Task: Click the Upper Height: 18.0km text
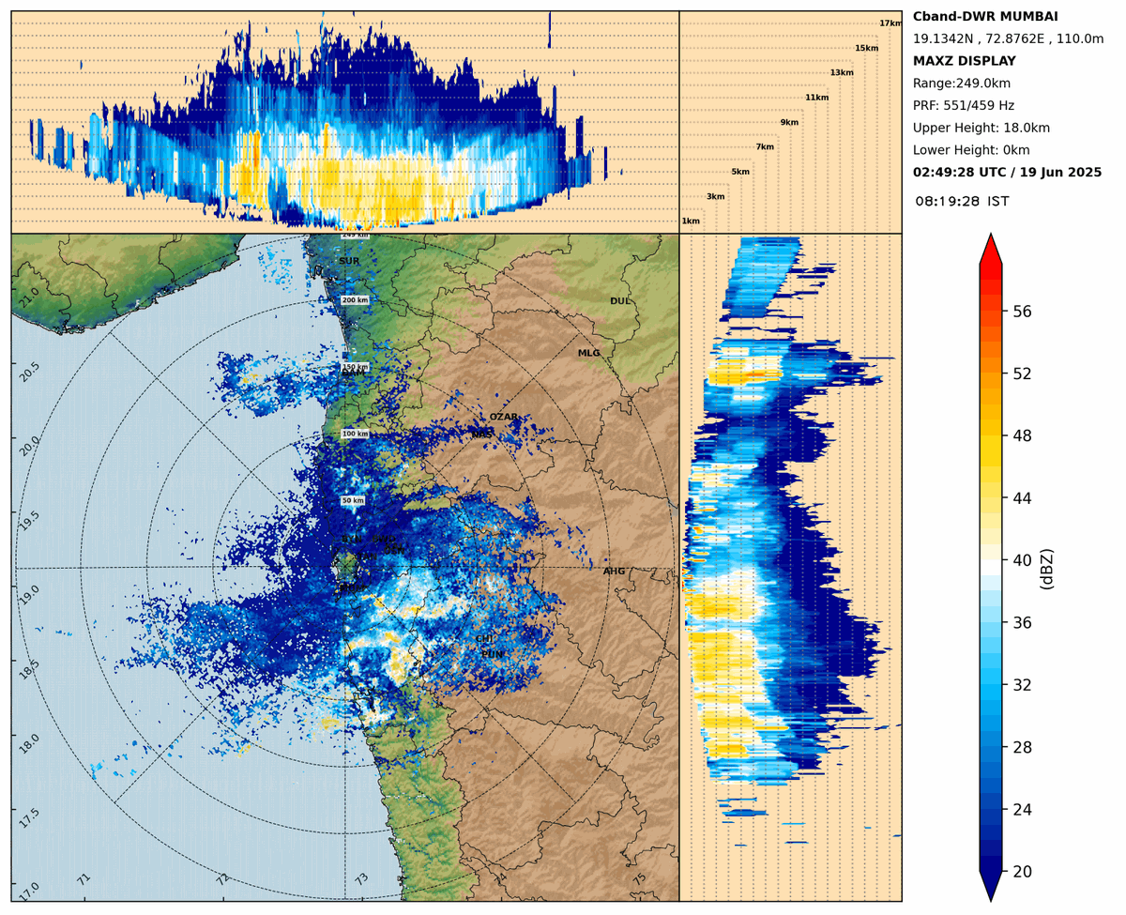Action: tap(981, 128)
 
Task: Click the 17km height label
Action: tap(890, 23)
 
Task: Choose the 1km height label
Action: tap(691, 221)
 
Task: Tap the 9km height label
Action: tap(789, 123)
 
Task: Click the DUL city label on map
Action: tap(619, 301)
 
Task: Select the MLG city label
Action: tap(588, 353)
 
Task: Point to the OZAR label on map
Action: tap(503, 417)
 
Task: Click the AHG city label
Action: tap(614, 571)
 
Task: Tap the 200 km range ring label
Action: tap(355, 300)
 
